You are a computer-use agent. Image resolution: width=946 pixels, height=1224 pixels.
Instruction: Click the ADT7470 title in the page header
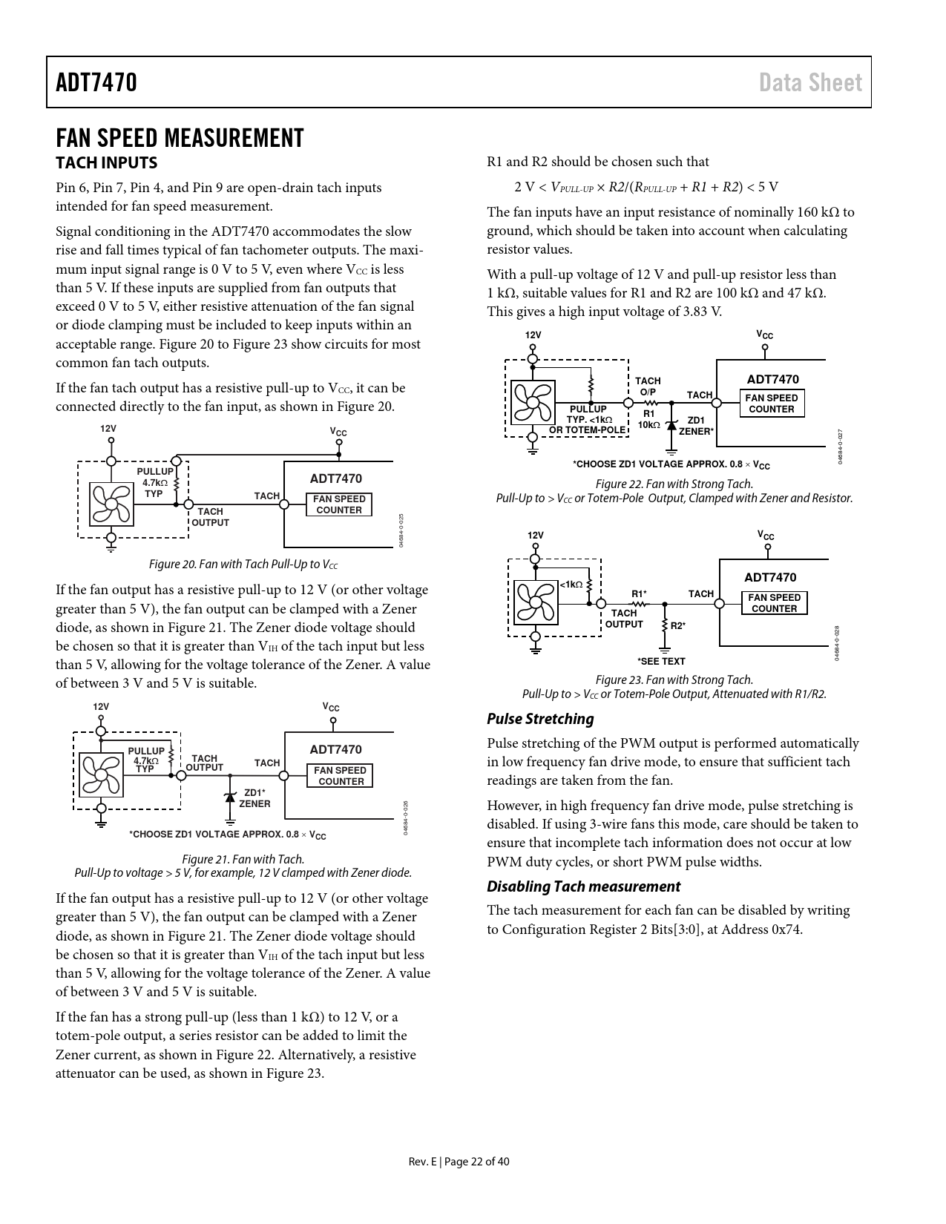(96, 82)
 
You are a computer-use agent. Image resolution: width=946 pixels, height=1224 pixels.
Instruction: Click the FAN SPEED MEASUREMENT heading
(180, 138)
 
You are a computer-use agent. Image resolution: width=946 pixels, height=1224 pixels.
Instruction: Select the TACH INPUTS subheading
(106, 162)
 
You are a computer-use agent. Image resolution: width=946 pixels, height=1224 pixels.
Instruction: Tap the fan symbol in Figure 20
(111, 504)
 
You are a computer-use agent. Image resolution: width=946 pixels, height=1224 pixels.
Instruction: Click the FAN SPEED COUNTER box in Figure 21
(340, 776)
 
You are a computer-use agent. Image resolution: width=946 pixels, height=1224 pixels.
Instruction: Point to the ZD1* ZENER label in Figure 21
(254, 798)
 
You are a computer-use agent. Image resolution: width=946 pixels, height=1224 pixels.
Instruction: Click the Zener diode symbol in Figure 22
(671, 425)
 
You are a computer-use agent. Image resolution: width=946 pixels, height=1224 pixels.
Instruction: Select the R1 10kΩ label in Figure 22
(649, 419)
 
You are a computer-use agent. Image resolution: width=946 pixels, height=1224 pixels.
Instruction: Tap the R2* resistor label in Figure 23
(678, 626)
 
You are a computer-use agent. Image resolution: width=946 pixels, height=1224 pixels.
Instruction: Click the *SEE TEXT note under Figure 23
(661, 661)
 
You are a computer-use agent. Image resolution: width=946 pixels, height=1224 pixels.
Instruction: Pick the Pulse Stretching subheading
(540, 719)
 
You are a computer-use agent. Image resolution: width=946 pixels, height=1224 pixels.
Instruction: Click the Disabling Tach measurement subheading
(583, 886)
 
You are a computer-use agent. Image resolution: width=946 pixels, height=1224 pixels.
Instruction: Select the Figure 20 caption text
(243, 565)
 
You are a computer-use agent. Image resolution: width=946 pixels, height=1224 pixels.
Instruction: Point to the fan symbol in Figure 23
(536, 602)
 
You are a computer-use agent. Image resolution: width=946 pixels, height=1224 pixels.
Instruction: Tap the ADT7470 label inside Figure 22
(772, 380)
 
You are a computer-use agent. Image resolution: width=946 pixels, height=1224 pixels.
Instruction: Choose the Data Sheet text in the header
(810, 82)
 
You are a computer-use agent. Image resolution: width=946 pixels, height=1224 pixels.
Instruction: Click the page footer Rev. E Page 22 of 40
(459, 1162)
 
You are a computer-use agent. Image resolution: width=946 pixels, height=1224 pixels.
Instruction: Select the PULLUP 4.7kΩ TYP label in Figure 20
(154, 482)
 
